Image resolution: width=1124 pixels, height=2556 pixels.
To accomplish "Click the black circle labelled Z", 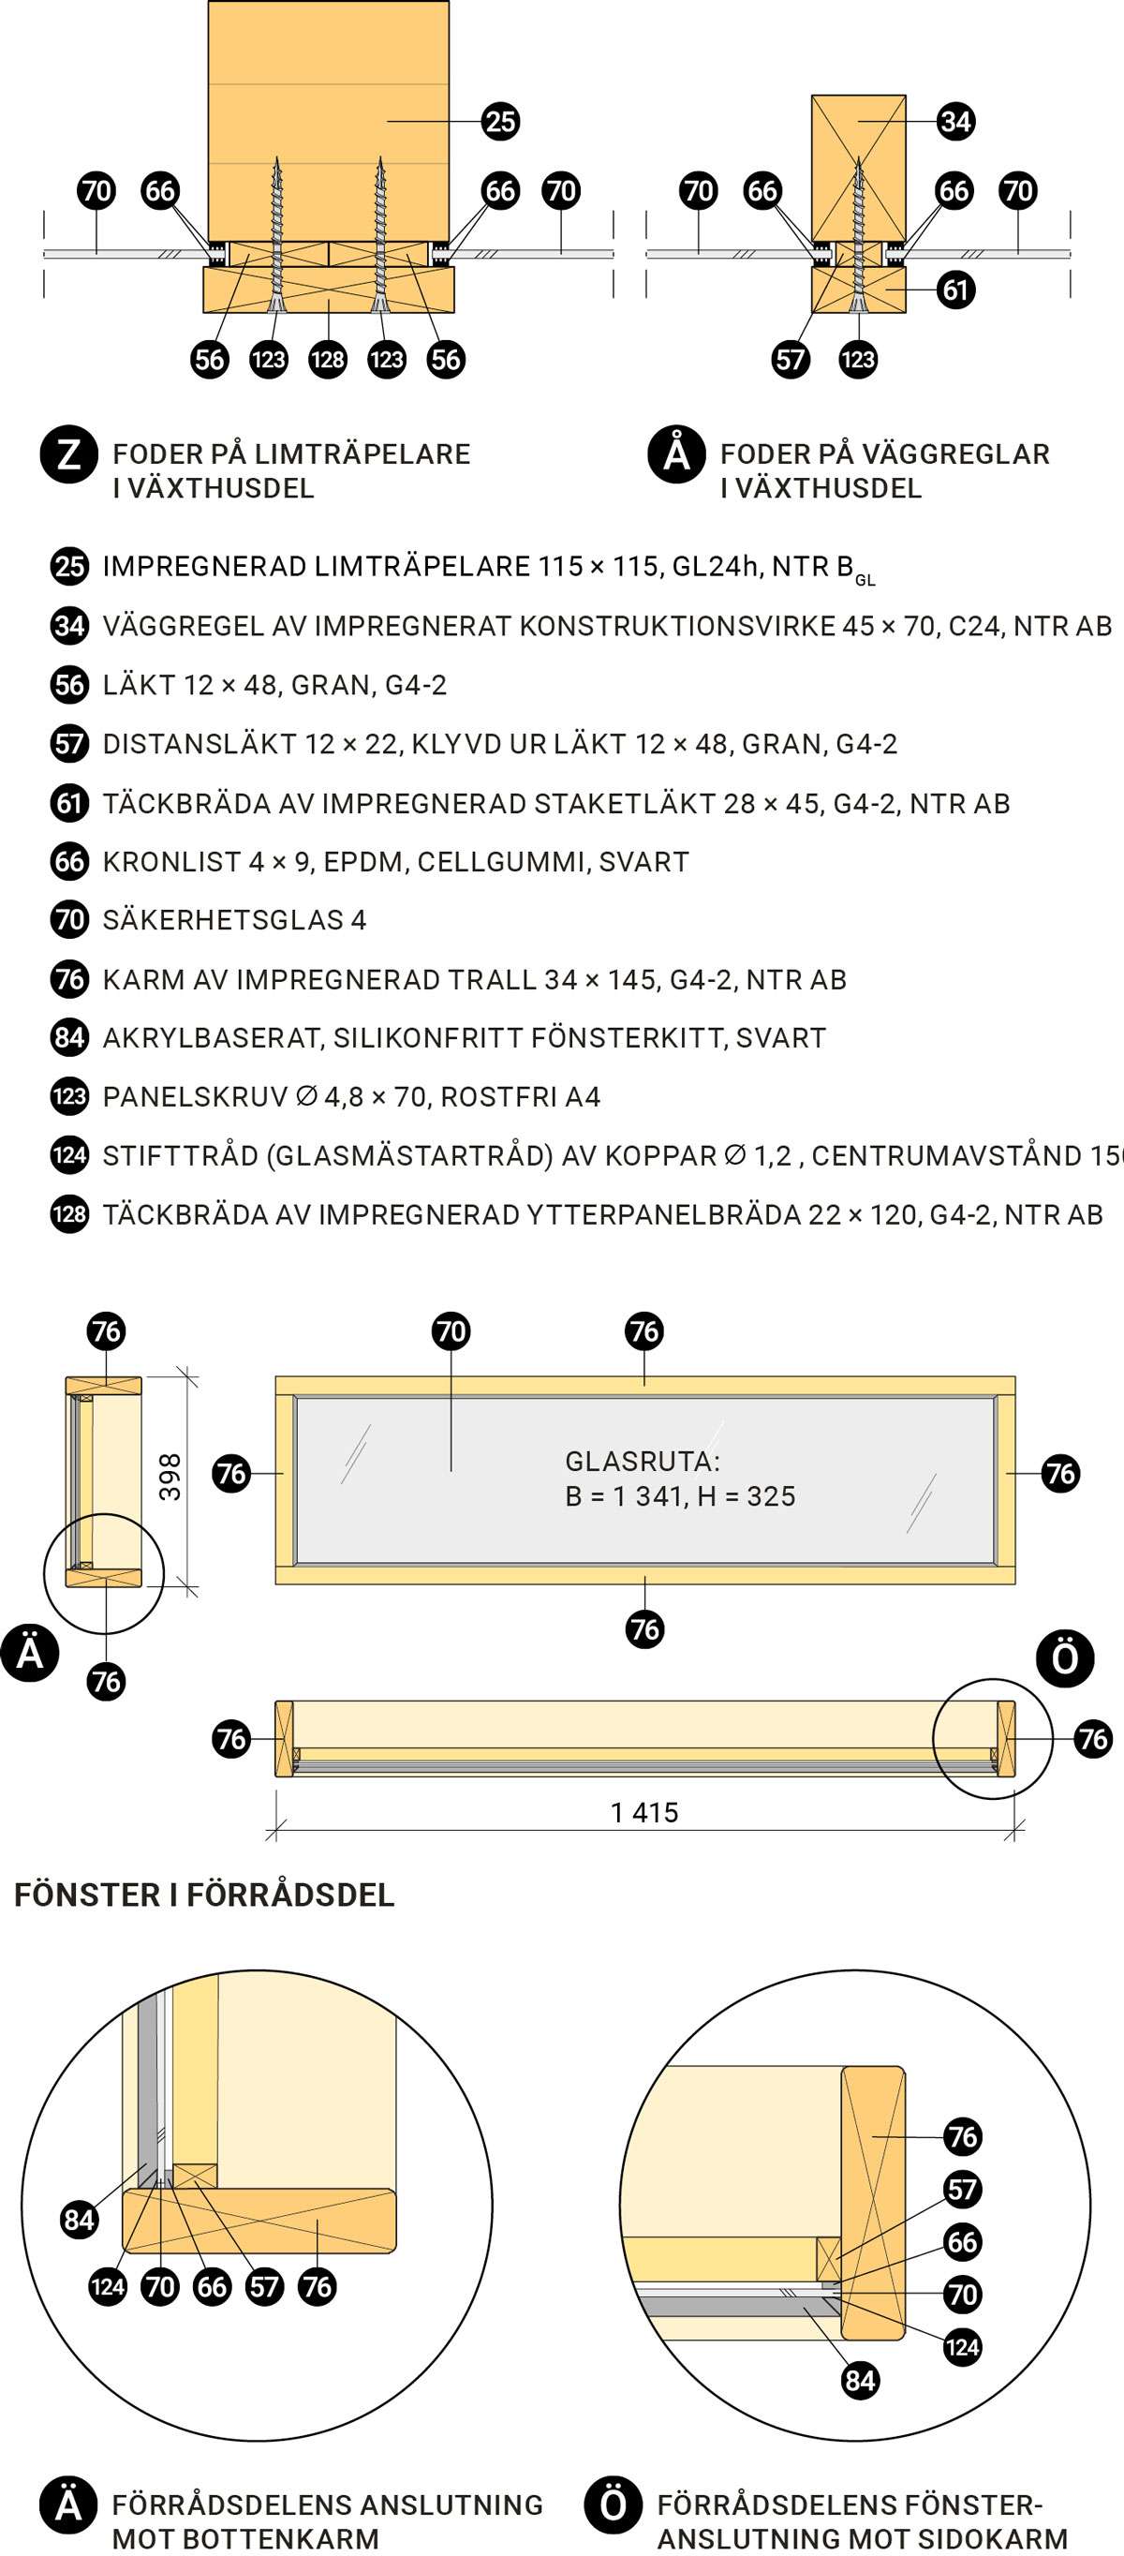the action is click(68, 455).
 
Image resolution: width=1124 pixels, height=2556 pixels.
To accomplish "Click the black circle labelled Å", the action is click(676, 455).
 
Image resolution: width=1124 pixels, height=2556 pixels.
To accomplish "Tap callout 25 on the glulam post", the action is click(500, 121).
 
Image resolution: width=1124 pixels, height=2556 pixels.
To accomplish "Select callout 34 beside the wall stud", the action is click(955, 121).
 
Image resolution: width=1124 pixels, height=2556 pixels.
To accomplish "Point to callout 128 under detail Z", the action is click(328, 359).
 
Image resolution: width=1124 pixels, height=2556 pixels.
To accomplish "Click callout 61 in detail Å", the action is click(955, 290).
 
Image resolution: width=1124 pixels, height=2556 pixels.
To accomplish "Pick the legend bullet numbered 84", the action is click(69, 1038).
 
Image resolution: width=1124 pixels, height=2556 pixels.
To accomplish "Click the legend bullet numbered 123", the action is click(69, 1096).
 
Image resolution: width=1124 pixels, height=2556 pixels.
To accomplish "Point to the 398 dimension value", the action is click(170, 1477).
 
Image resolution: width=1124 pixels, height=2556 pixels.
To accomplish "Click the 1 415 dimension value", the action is click(644, 1813).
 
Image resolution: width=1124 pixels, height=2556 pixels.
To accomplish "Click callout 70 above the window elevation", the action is click(451, 1331).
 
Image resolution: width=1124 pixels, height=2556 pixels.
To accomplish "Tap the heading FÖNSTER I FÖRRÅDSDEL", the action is click(204, 1895).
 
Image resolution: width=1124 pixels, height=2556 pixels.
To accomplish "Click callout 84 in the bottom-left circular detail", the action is click(79, 2220).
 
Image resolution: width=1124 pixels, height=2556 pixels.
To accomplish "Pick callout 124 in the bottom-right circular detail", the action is click(962, 2348).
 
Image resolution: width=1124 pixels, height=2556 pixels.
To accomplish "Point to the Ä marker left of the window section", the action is click(30, 1653).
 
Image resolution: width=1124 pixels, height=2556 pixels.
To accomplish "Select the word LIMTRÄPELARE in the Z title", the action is click(362, 454).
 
